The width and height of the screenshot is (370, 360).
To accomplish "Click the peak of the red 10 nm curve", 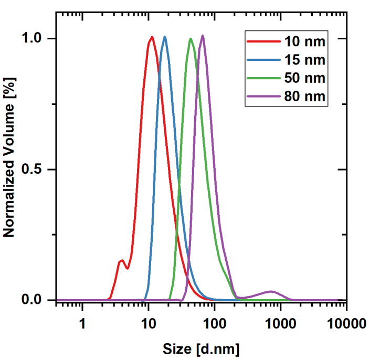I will pos(152,37).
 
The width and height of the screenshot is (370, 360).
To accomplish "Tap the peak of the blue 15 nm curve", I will pos(165,37).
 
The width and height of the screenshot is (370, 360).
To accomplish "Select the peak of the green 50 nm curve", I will pos(191,39).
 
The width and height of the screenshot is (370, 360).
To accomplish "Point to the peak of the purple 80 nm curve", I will pos(203,36).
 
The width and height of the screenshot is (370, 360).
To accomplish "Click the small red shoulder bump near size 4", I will pos(122,260).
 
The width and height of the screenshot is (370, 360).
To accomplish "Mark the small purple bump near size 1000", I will pos(271,291).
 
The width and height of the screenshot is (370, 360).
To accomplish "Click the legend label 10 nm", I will pos(305,41).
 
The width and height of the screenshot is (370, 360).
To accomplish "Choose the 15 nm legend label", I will pos(305,59).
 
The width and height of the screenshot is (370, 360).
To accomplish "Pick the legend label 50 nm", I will pos(305,78).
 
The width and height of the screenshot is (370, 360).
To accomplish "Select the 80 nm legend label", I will pos(305,97).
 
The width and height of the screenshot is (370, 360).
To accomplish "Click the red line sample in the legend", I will pos(263,41).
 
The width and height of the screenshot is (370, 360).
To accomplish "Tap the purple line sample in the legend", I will pos(263,97).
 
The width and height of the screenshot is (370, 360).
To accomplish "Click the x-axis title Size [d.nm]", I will pos(200,348).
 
